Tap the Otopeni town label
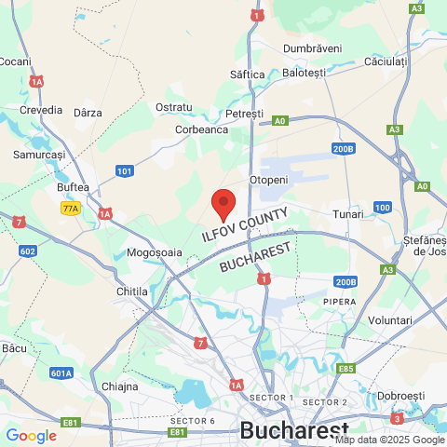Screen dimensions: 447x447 (x=270, y=179)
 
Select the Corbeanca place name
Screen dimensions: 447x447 (x=202, y=129)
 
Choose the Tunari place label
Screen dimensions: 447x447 (x=348, y=214)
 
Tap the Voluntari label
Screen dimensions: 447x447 (x=390, y=320)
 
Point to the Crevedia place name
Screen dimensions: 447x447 (x=41, y=110)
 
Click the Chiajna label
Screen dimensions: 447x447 (x=119, y=386)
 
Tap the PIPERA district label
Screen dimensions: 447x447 (x=340, y=302)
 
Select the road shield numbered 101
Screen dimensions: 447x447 (x=125, y=170)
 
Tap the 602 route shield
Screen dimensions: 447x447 (x=28, y=251)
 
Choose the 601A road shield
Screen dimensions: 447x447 (x=61, y=373)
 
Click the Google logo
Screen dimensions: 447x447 (x=31, y=435)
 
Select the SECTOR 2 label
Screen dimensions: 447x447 (x=325, y=402)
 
